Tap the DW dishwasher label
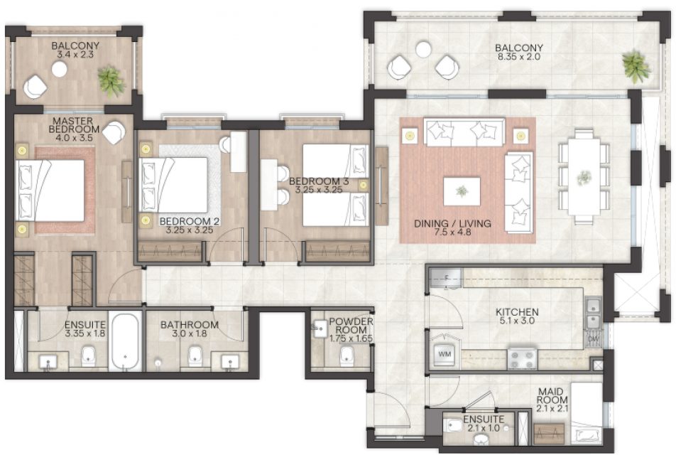[594, 339]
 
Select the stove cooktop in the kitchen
[523, 358]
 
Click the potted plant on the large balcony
[636, 66]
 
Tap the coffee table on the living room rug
[462, 191]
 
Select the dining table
[584, 176]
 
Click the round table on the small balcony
[59, 69]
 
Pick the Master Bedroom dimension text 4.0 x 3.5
[74, 138]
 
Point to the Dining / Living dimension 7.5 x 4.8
[452, 232]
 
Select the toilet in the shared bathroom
[195, 356]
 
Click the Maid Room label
[552, 396]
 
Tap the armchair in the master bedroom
[114, 132]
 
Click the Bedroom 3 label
[319, 181]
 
